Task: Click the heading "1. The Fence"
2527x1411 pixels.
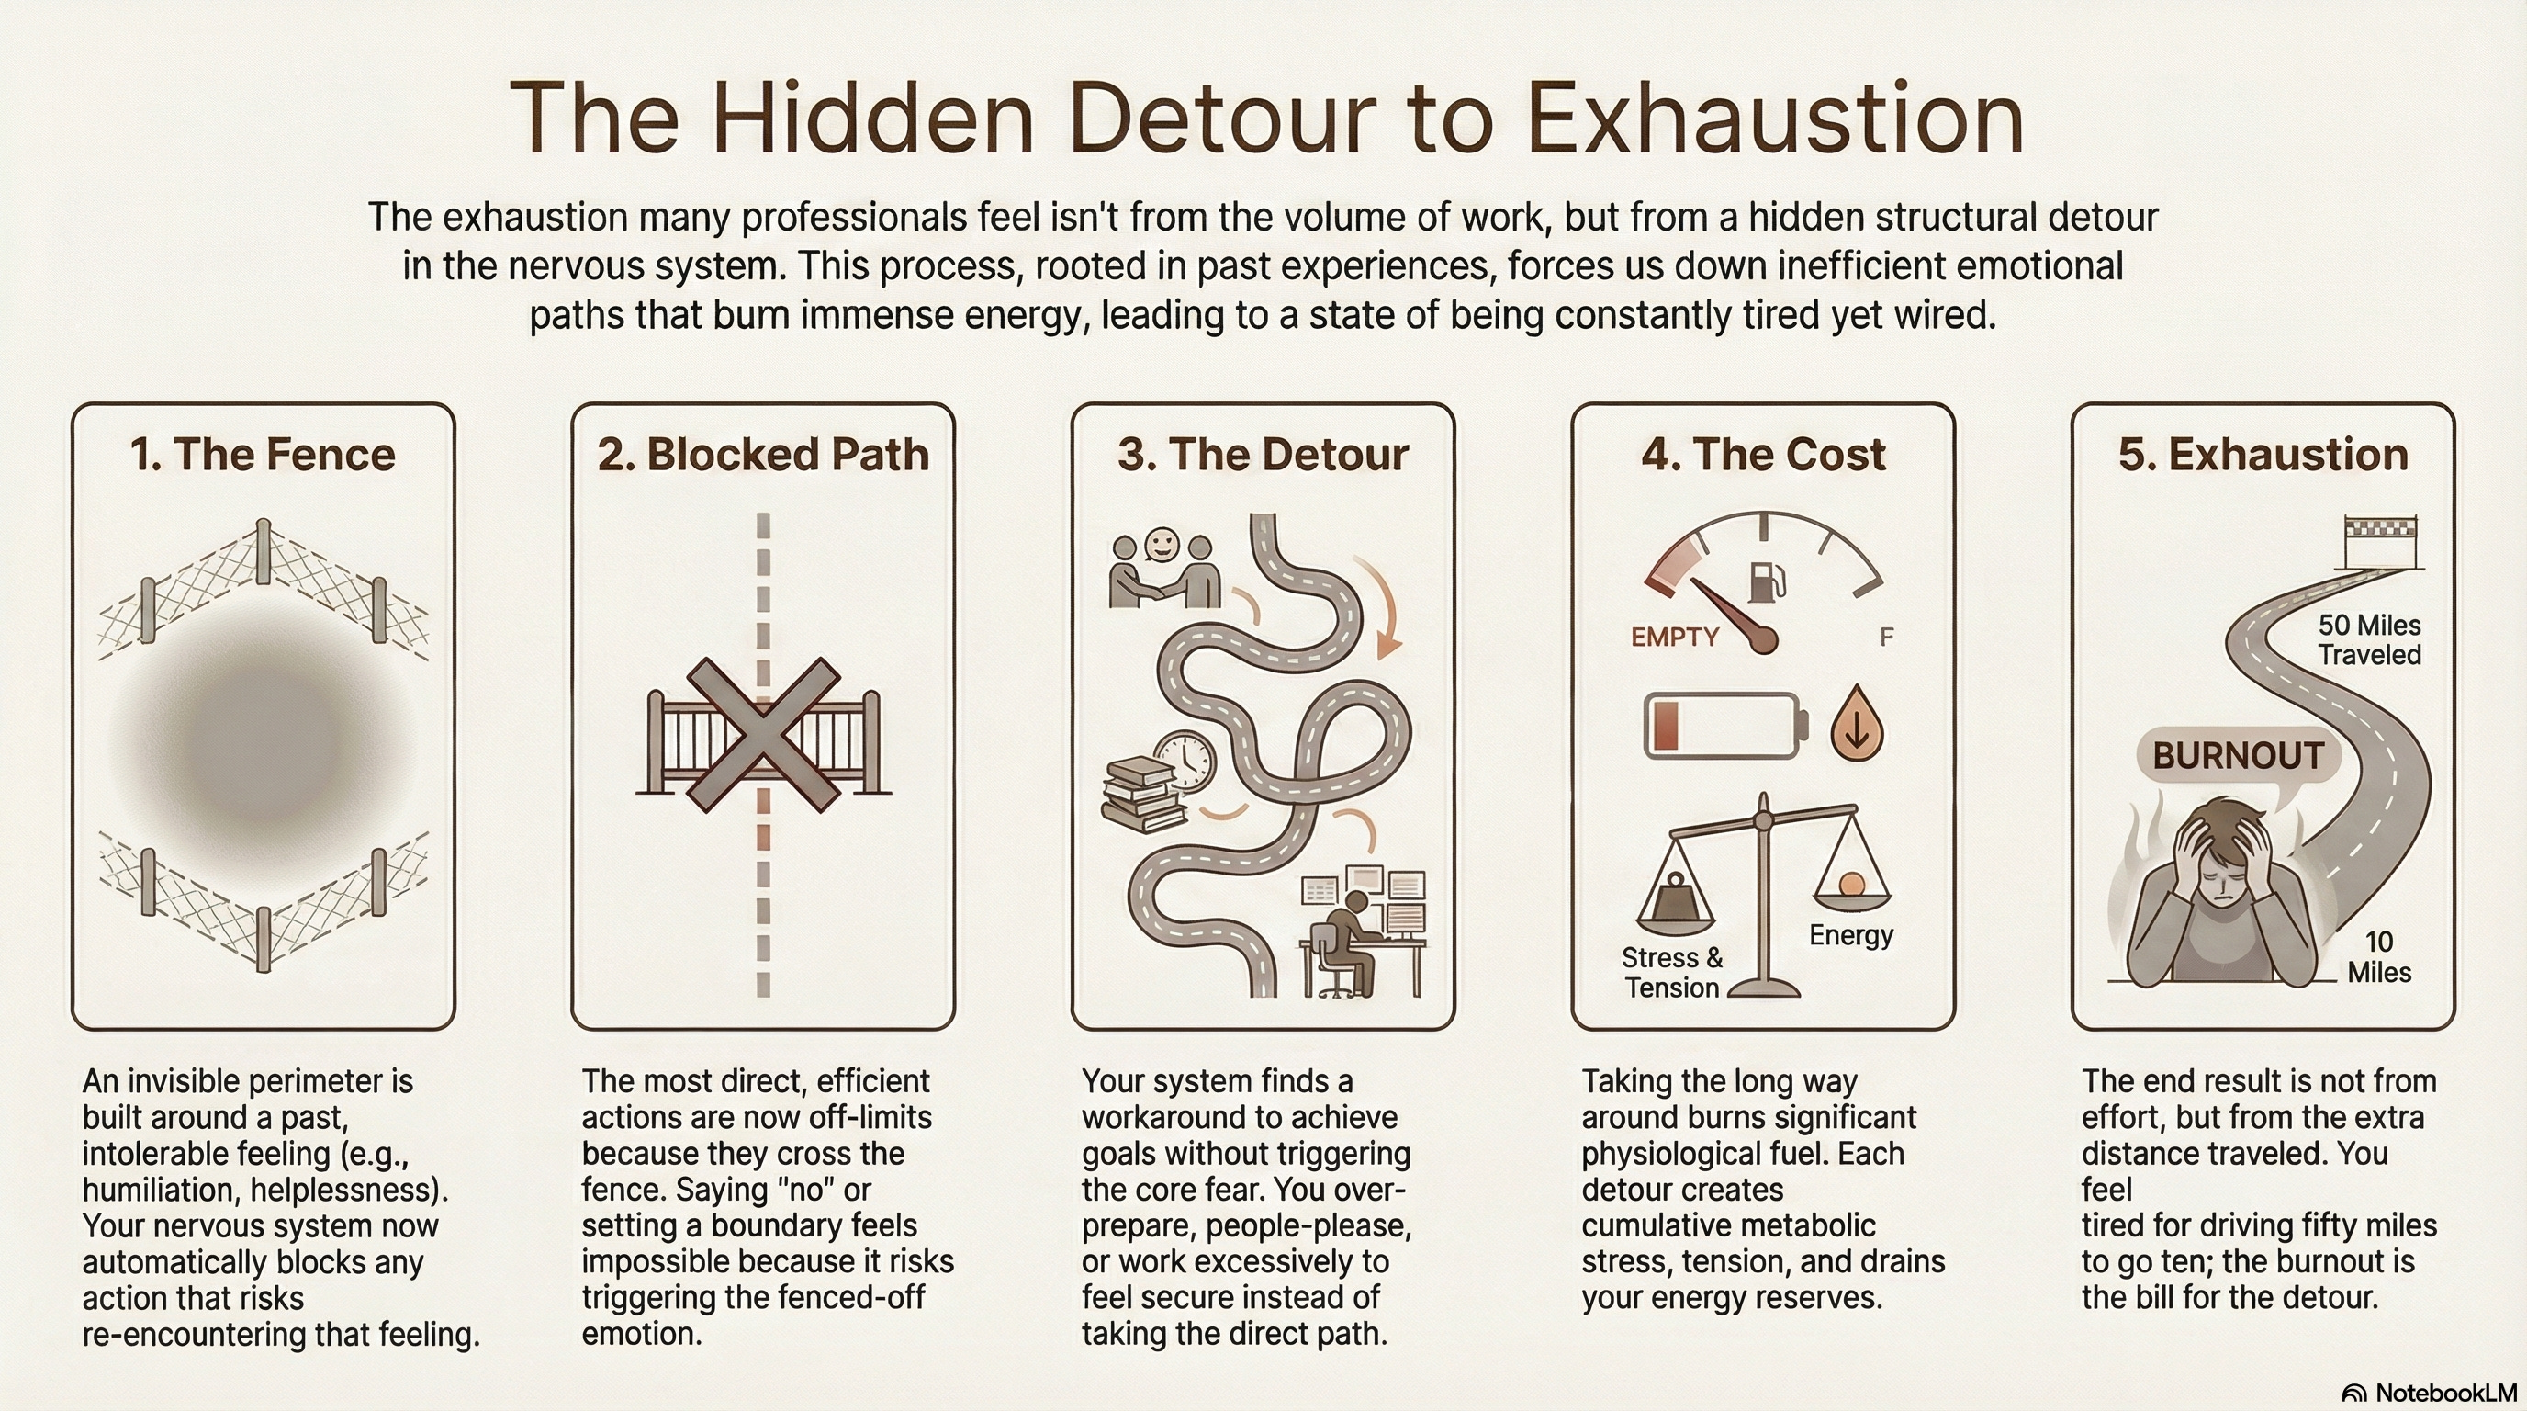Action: (263, 455)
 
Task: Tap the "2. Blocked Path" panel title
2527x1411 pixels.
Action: (763, 455)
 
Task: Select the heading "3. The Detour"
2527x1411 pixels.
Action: (1263, 455)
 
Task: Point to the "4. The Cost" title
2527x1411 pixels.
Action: (1764, 455)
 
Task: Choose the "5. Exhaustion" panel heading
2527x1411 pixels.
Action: (2263, 455)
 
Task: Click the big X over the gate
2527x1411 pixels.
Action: (763, 734)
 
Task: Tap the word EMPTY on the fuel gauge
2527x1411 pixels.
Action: (1675, 637)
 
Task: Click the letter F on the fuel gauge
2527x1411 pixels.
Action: (1886, 638)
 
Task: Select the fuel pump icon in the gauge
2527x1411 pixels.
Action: (1767, 581)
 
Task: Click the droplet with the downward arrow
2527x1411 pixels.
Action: (1857, 723)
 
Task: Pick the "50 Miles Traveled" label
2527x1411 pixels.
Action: (2369, 639)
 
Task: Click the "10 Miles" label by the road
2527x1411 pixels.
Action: (2379, 956)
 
